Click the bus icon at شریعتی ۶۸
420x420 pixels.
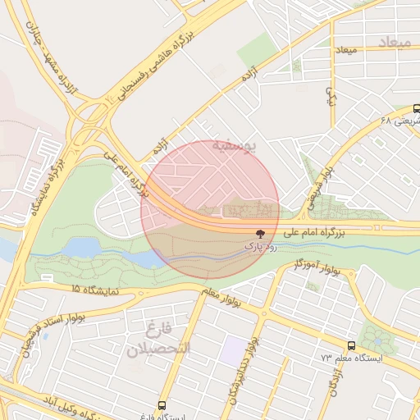coord(417,109)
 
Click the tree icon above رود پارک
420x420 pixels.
coord(261,234)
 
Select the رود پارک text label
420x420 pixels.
coord(261,246)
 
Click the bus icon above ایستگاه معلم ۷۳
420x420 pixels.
coord(351,346)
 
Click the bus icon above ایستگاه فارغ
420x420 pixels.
coord(162,404)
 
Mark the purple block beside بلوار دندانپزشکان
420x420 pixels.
coord(234,352)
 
